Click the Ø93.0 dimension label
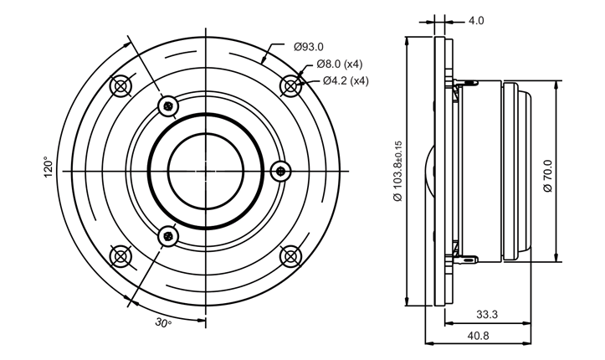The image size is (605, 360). click(x=308, y=49)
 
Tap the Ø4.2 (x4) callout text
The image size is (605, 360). click(x=346, y=80)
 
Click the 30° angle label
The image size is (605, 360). click(x=163, y=323)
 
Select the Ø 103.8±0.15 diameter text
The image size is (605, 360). click(x=397, y=171)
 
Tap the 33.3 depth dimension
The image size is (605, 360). click(x=487, y=315)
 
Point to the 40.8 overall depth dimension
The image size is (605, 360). click(x=477, y=336)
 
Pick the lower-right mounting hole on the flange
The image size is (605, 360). click(x=290, y=255)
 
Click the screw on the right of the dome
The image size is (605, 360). click(x=281, y=171)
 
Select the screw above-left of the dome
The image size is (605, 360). click(x=170, y=105)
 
